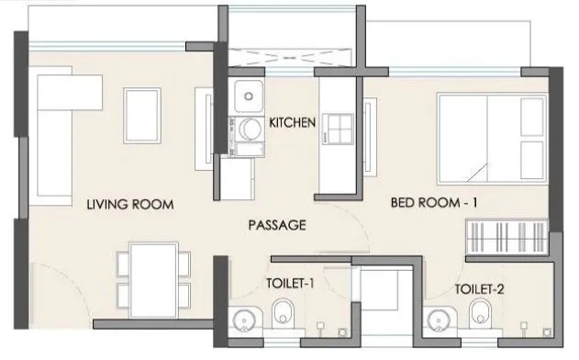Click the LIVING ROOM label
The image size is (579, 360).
[x=129, y=204]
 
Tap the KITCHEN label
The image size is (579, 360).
[x=293, y=122]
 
